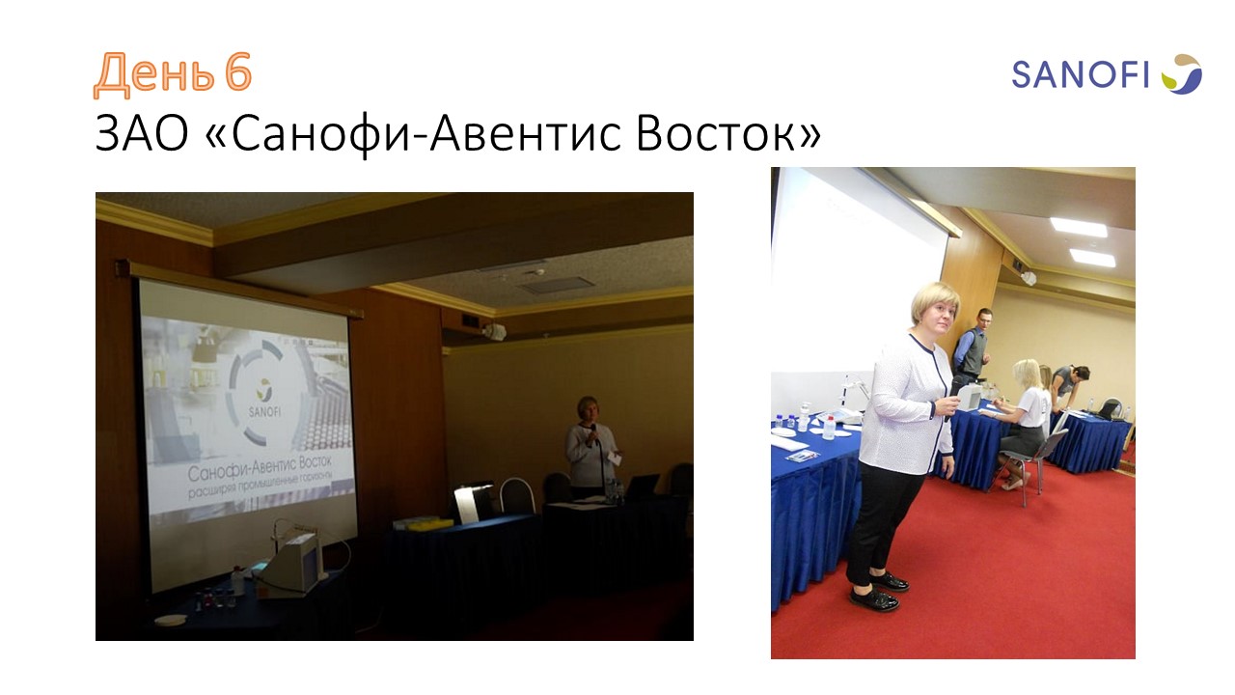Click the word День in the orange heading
153,74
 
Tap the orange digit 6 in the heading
238,71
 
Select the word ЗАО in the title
142,133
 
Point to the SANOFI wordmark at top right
1080,75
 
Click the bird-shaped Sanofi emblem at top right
1182,74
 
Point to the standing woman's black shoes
880,590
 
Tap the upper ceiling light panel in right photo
1079,227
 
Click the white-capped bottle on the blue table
829,427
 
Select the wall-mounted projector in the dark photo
494,331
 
